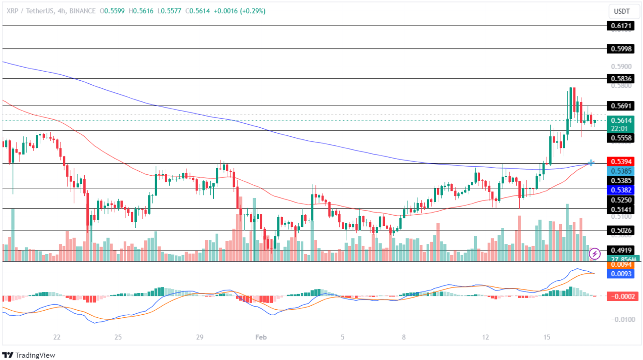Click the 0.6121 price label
pos(620,26)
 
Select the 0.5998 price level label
pos(620,48)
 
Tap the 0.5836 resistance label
pos(620,79)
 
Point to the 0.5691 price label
pos(620,106)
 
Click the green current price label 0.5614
pos(620,120)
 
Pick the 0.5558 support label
pos(620,138)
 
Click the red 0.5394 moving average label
pos(620,161)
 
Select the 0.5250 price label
pos(620,200)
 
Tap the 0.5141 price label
pos(620,209)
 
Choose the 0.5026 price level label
pos(620,230)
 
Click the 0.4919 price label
pos(620,250)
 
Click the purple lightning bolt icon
pos(595,254)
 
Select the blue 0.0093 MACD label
pos(620,273)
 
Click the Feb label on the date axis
pos(260,337)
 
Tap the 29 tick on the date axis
pos(200,337)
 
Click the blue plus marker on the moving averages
pos(591,162)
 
